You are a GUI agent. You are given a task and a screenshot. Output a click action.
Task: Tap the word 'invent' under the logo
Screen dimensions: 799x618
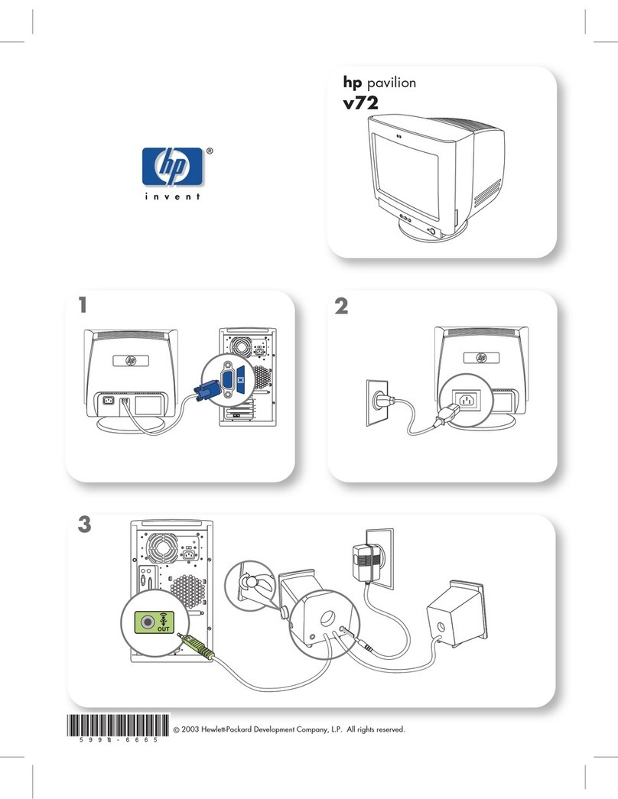[172, 197]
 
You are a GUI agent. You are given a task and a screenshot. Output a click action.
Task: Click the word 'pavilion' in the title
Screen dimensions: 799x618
[391, 83]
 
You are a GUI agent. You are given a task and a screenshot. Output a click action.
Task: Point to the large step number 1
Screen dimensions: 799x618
[83, 307]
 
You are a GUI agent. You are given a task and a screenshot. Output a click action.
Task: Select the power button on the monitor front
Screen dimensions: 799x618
[434, 231]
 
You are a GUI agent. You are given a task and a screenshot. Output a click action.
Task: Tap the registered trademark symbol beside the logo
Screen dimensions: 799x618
[210, 151]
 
